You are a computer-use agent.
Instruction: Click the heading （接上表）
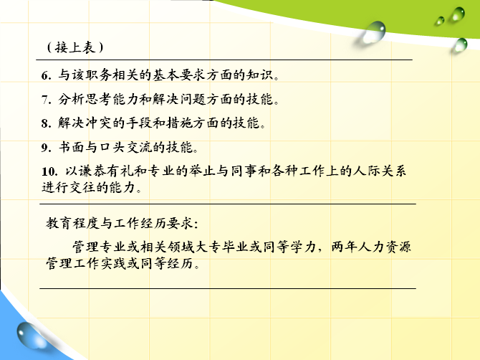[x=75, y=47]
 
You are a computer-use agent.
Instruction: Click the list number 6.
[x=46, y=75]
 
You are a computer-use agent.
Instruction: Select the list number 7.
[x=46, y=100]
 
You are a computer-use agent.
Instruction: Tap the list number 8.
[x=46, y=123]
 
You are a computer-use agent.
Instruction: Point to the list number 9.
[x=46, y=148]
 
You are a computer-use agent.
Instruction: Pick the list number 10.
[x=49, y=171]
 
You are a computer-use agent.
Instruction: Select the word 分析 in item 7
[x=71, y=99]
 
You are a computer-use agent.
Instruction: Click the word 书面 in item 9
[x=71, y=147]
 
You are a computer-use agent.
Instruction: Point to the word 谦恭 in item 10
[x=92, y=171]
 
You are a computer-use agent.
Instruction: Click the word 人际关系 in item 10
[x=380, y=171]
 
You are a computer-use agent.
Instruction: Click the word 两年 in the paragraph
[x=344, y=247]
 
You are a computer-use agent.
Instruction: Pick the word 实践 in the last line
[x=113, y=263]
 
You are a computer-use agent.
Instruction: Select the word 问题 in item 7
[x=193, y=99]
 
